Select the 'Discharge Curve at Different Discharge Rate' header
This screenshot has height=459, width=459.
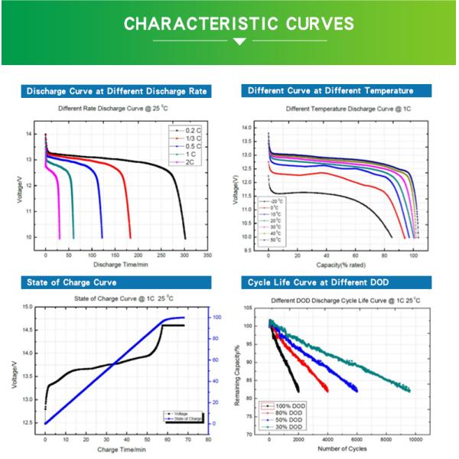[x=117, y=91]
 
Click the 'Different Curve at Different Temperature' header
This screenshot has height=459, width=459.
[x=330, y=91]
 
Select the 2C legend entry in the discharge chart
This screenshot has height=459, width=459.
[x=191, y=163]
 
